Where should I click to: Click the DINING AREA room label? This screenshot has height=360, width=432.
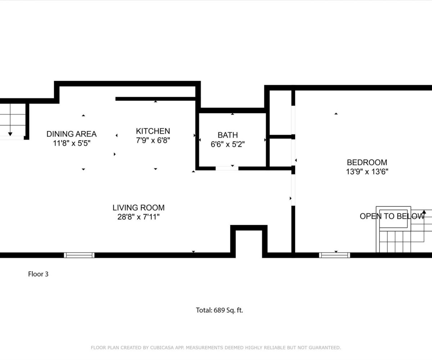(x=72, y=134)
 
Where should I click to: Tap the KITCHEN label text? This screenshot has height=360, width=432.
(x=153, y=131)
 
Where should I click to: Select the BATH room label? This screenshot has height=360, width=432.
(x=228, y=135)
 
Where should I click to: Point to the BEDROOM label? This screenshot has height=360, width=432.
(x=367, y=163)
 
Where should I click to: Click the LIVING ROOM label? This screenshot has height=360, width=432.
(x=138, y=208)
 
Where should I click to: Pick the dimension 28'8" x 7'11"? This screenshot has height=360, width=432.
(x=138, y=217)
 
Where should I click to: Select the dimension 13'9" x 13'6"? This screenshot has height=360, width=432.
(x=367, y=172)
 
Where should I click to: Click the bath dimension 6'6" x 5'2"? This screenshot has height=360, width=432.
(x=228, y=144)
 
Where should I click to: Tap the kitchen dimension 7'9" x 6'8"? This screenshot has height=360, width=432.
(x=153, y=140)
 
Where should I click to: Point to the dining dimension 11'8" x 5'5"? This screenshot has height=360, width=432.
(x=72, y=143)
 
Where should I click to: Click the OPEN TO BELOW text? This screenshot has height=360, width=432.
(x=392, y=216)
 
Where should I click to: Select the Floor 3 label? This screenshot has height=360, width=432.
(x=38, y=274)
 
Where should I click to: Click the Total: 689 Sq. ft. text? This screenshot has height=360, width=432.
(x=219, y=310)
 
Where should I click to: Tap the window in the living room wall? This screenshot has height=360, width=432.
(x=79, y=255)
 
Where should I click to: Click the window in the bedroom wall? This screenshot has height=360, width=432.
(x=334, y=255)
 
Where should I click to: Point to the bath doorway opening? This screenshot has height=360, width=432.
(x=227, y=168)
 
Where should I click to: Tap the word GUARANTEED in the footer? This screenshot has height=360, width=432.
(x=325, y=348)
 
